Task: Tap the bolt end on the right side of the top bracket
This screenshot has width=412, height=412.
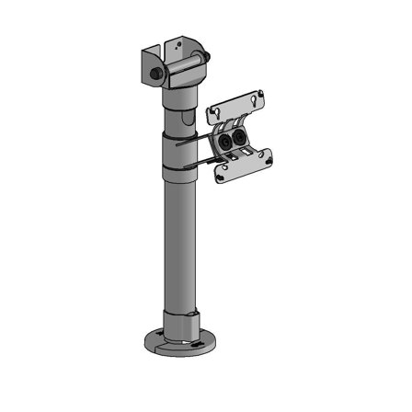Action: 212,59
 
